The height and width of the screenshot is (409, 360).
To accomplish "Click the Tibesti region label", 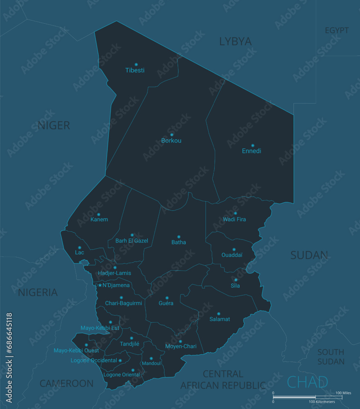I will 135,70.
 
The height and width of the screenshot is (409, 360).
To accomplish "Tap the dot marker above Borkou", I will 172,135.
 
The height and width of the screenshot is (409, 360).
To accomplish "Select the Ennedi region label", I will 252,151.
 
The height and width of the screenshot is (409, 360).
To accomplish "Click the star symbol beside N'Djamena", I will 100,285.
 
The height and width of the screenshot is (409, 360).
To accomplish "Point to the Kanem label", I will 99,220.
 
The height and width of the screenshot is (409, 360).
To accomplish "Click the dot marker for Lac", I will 79,247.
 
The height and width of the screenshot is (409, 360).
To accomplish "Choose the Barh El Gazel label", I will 132,241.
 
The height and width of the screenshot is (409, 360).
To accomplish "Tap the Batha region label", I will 179,242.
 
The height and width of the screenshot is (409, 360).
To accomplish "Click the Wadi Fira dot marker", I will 235,213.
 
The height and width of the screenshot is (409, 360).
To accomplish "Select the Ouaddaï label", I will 232,255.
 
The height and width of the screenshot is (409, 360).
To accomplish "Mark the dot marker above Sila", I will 236,280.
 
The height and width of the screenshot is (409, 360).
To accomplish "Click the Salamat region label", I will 220,319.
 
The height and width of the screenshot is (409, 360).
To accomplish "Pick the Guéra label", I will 166,303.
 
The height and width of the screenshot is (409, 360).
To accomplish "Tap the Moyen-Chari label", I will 181,346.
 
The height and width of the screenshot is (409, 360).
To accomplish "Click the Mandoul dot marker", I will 151,358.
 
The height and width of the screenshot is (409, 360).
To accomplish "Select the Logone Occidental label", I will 94,360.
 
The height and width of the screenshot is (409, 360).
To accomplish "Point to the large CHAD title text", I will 308,382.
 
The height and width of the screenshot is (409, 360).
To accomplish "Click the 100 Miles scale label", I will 343,393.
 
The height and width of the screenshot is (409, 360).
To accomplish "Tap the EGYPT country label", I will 337,30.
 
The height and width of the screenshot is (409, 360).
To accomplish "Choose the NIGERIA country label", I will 38,292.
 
